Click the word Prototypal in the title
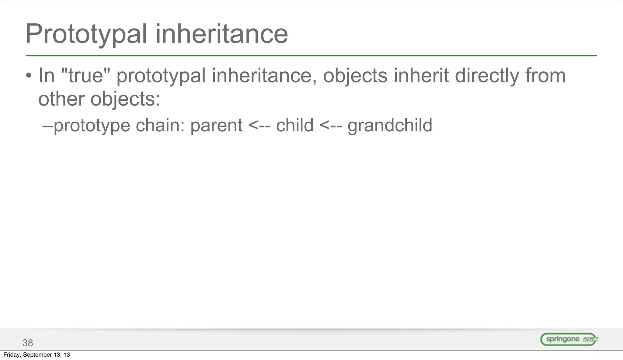(x=86, y=34)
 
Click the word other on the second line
(x=61, y=99)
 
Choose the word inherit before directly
(x=421, y=75)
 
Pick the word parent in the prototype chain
(x=216, y=125)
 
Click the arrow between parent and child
(x=259, y=126)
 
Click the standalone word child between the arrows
(x=294, y=125)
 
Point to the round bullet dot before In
(x=28, y=76)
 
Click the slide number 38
(x=28, y=343)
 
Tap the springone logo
(x=569, y=339)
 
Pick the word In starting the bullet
(x=46, y=75)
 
